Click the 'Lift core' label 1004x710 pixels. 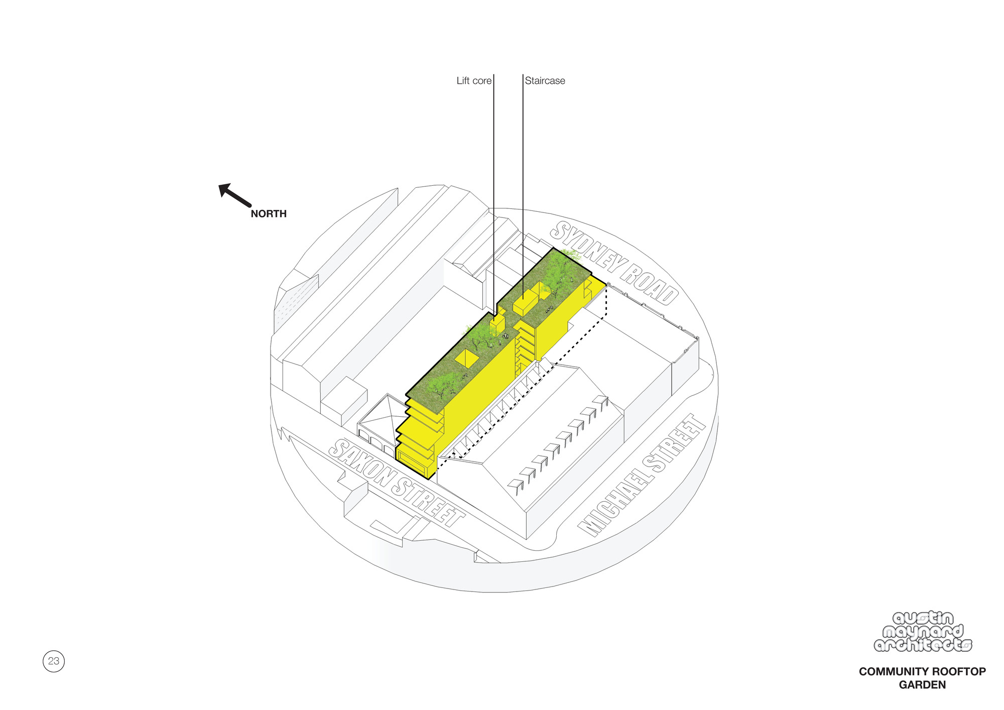pyautogui.click(x=473, y=81)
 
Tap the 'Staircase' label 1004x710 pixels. pyautogui.click(x=545, y=81)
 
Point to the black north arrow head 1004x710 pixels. pyautogui.click(x=224, y=190)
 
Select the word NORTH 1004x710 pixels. pyautogui.click(x=269, y=214)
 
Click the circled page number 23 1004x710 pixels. pyautogui.click(x=54, y=661)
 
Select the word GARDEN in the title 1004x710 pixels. pyautogui.click(x=922, y=685)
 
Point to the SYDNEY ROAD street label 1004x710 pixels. pyautogui.click(x=615, y=263)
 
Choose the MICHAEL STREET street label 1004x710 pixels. pyautogui.click(x=643, y=475)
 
